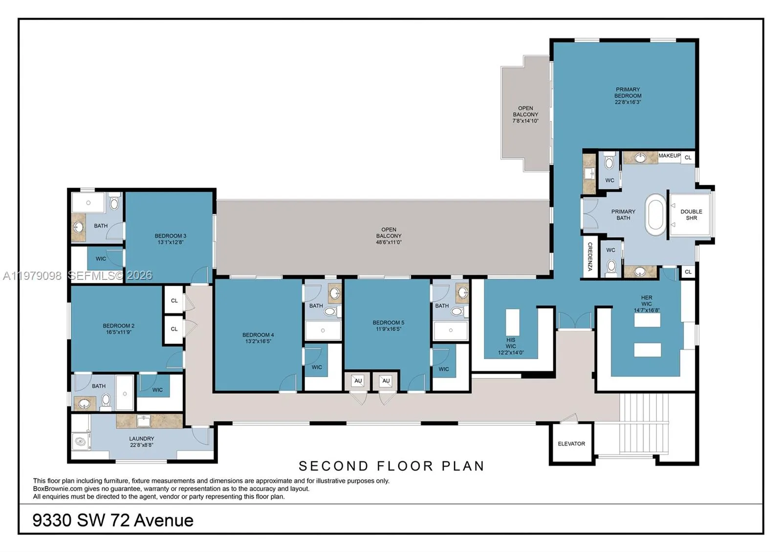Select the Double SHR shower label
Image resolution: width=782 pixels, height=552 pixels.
click(691, 215)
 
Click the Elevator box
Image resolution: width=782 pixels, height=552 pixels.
click(571, 444)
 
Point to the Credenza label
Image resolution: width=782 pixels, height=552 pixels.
click(590, 256)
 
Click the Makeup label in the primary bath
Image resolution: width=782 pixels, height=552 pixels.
click(669, 156)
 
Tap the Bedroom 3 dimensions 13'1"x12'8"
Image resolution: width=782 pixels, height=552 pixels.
click(170, 242)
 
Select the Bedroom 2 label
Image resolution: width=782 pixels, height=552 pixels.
click(118, 326)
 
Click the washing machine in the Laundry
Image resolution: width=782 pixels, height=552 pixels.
click(81, 442)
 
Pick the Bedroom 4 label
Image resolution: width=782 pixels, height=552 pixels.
click(258, 335)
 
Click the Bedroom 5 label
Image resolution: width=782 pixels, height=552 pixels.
click(388, 322)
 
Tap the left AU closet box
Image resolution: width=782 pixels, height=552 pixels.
click(358, 381)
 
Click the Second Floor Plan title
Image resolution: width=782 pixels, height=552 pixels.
click(391, 466)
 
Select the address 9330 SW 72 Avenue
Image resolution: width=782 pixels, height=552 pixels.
click(113, 520)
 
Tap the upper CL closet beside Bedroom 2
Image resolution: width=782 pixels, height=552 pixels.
click(174, 300)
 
